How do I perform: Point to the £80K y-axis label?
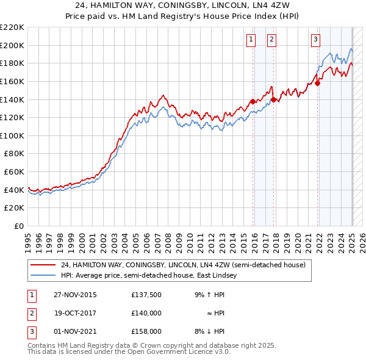point(14,154)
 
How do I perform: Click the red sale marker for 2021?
point(318,84)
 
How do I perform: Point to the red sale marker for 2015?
point(253,102)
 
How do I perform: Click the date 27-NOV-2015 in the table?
point(76,295)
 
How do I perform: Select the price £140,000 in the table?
point(146,313)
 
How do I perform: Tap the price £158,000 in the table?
point(146,331)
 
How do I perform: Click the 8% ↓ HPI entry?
point(210,331)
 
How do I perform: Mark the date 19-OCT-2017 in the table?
point(76,313)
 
